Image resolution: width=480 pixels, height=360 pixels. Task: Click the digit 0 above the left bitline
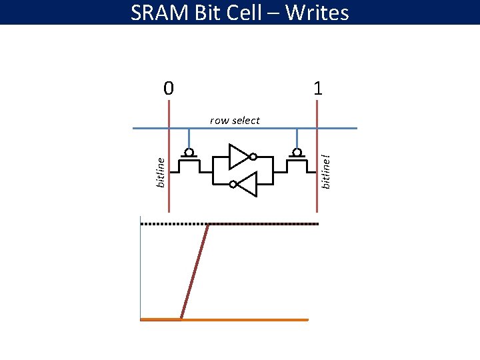coord(169,88)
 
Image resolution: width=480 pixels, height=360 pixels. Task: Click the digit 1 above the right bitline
coord(318,88)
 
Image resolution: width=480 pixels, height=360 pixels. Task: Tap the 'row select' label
coord(235,121)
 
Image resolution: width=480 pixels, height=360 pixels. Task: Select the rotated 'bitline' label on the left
coord(160,171)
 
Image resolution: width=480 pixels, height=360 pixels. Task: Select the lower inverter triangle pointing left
coord(246,184)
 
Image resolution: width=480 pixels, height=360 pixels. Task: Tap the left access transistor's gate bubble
coord(189,153)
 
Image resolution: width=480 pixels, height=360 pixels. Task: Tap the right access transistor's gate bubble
coord(296,153)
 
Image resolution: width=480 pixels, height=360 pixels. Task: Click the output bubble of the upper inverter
coord(253,157)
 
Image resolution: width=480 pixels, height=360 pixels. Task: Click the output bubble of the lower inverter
coord(232,184)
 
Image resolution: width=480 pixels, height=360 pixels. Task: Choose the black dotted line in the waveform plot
coord(267,225)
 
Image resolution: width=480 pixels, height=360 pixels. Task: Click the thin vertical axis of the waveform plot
coord(141,267)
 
